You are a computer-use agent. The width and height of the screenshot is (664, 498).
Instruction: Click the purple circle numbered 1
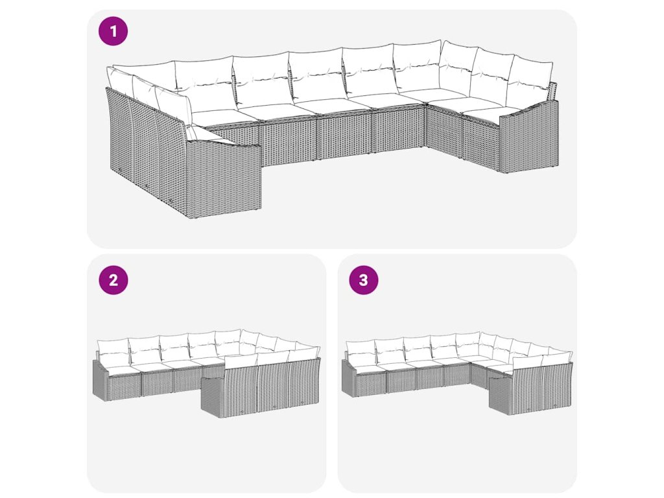(113, 31)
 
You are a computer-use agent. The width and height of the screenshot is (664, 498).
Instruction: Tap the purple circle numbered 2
(113, 280)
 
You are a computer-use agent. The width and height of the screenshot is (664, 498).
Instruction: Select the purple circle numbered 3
(363, 280)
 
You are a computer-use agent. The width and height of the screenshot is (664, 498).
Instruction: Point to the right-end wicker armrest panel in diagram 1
(529, 136)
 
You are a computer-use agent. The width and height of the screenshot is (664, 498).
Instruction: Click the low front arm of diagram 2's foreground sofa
(212, 397)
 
